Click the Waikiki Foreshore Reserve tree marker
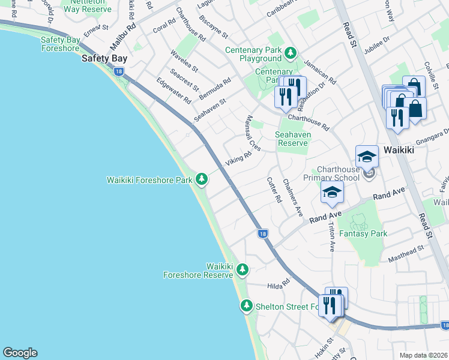pyautogui.click(x=242, y=269)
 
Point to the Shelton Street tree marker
pyautogui.click(x=246, y=307)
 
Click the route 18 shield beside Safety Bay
pyautogui.click(x=119, y=71)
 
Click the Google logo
pyautogui.click(x=20, y=353)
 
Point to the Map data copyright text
pyautogui.click(x=424, y=355)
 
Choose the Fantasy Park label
pyautogui.click(x=362, y=233)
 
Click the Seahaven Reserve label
pyautogui.click(x=293, y=139)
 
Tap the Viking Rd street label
pyautogui.click(x=238, y=161)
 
